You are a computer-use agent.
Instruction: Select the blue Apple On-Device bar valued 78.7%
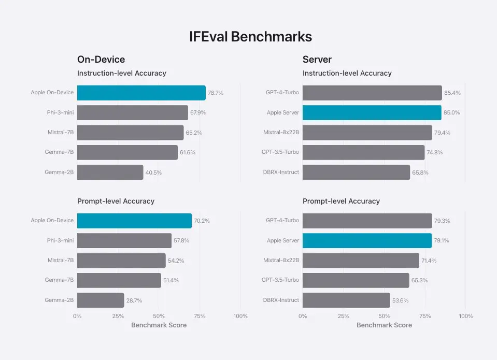coord(141,93)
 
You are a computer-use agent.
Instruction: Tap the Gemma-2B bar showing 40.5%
coord(110,172)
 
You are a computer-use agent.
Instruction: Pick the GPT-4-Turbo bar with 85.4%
coord(372,93)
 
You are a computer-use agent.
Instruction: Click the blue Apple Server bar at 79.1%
coord(366,240)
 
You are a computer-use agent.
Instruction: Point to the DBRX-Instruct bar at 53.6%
coord(346,300)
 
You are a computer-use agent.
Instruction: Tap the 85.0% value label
coord(451,113)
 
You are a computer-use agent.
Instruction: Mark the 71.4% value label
coord(429,261)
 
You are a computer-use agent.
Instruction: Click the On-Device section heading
coord(101,60)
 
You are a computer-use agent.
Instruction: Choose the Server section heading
coord(317,60)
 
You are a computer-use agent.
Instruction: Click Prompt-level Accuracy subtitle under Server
coord(341,201)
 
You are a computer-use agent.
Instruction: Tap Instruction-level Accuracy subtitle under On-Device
coord(122,73)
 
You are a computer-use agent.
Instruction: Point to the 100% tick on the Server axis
coord(466,316)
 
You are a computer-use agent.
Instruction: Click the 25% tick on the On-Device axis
coord(118,316)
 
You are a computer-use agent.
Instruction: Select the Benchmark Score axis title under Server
coord(384,325)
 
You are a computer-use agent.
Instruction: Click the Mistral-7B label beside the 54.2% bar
coord(61,261)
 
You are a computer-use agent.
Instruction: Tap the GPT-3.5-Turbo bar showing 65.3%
coord(356,280)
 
